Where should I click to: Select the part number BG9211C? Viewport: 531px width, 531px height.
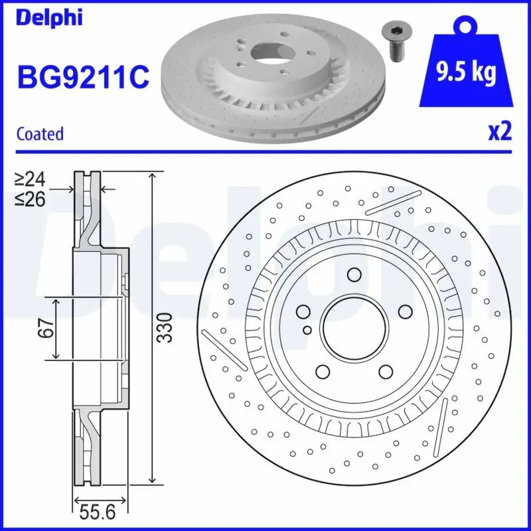pos(84,78)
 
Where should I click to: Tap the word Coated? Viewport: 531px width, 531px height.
pos(40,133)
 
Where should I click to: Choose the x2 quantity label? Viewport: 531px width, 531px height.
pos(500,132)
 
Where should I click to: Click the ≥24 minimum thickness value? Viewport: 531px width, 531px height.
pos(31,179)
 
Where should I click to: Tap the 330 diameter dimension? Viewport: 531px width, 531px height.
pos(168,327)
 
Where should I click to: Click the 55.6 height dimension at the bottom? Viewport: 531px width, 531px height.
pos(98,513)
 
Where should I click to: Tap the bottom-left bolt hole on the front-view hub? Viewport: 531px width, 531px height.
pos(323,371)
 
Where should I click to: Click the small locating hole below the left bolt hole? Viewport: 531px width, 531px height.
pos(307,329)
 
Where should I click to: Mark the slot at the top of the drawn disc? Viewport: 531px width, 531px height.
pos(393,202)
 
